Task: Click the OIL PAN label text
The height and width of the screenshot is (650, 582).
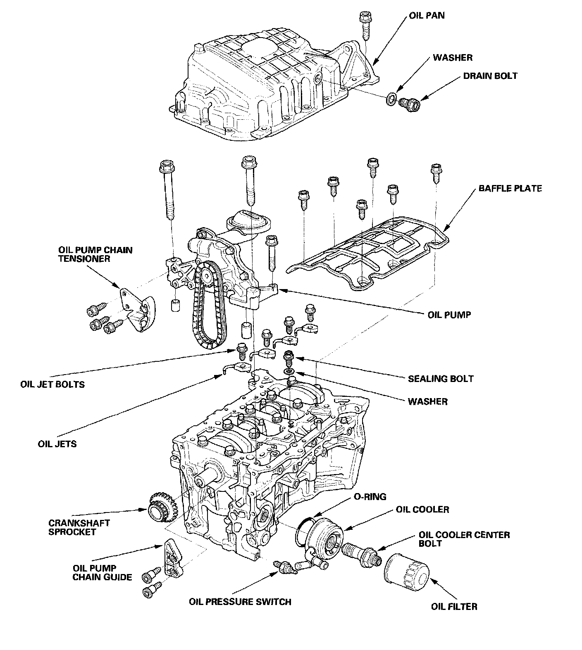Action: point(427,16)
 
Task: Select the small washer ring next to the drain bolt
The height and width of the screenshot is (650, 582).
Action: point(390,99)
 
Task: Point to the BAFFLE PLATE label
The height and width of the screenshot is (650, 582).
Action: point(510,189)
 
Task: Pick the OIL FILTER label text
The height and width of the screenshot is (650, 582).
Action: point(454,607)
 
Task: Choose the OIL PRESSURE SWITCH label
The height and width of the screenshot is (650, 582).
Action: point(240,602)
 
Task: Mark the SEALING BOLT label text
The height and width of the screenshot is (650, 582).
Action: point(441,379)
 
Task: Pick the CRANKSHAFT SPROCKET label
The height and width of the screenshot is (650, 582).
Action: point(79,527)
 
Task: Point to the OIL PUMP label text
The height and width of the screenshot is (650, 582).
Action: point(449,315)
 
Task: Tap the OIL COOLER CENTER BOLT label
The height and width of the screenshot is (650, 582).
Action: point(464,539)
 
